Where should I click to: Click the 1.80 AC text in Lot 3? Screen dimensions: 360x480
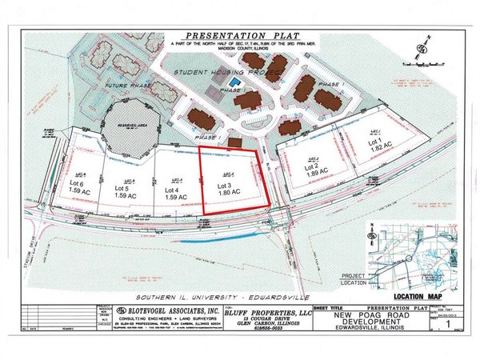tap(230, 193)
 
